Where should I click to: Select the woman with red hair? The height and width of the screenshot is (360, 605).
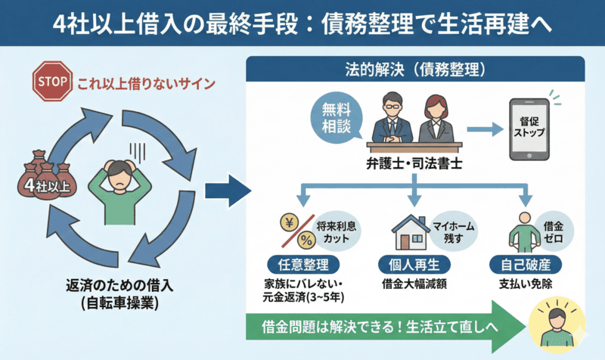(437, 119)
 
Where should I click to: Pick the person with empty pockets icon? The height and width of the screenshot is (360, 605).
(521, 230)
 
